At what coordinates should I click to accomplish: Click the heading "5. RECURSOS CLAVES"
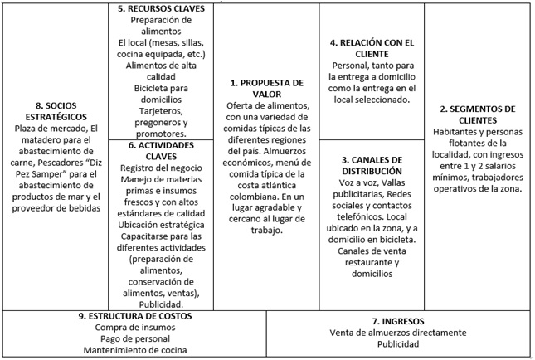[x=161, y=9]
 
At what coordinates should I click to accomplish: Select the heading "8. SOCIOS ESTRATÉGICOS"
[x=56, y=112]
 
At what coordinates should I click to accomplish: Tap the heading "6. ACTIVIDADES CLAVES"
[x=161, y=149]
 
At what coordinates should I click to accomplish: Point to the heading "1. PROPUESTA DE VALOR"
[x=268, y=89]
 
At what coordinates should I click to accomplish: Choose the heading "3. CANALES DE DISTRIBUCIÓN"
[x=372, y=165]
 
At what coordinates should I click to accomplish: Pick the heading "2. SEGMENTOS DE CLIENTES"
[x=477, y=114]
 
